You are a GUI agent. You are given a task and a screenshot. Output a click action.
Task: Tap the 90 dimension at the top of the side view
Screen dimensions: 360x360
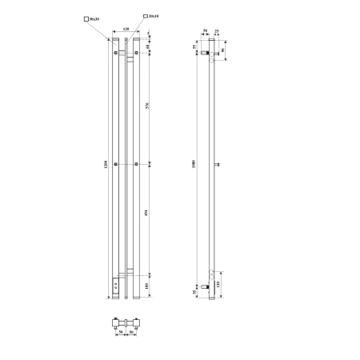point(223,50)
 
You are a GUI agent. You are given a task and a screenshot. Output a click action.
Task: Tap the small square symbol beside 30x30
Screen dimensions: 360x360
point(84,18)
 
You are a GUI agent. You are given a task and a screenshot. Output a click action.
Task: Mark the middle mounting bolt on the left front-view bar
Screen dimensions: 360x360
point(117,165)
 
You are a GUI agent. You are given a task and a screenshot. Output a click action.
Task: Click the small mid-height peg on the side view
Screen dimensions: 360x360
point(218,166)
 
